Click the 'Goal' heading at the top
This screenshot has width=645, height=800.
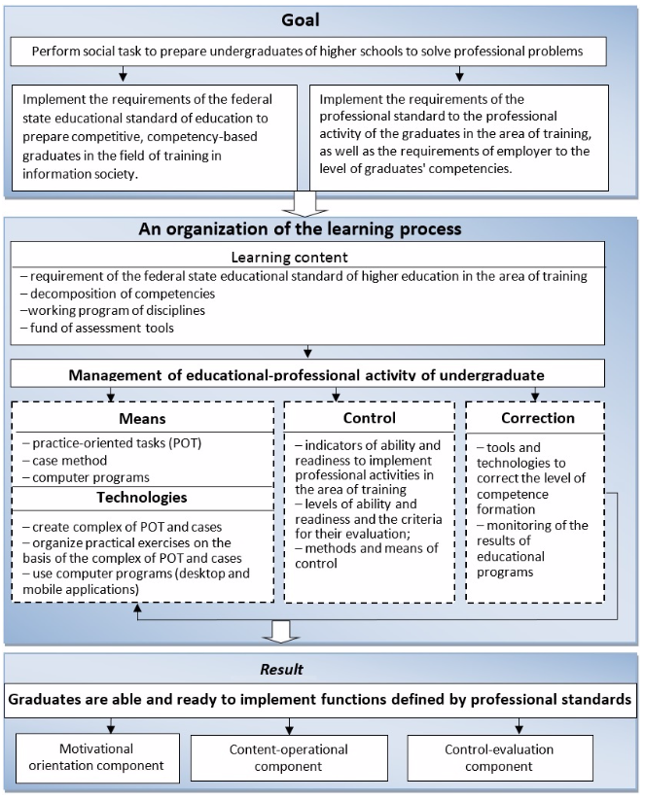[x=301, y=19]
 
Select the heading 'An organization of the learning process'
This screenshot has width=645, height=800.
[x=300, y=228]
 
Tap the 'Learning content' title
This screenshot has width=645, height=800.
[x=289, y=257]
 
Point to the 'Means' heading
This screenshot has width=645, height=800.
[x=142, y=418]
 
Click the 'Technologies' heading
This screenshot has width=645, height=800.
[x=142, y=497]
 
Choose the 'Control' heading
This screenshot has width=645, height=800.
[x=370, y=418]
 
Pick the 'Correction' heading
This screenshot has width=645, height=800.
[x=538, y=418]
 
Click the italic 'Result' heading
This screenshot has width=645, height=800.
[x=281, y=669]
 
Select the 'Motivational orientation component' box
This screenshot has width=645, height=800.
[x=97, y=757]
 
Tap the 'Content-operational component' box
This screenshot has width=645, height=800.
[x=289, y=757]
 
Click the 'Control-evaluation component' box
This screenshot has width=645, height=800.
[x=500, y=757]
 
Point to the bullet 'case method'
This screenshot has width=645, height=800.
[x=65, y=460]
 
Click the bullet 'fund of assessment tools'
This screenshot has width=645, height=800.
[x=97, y=328]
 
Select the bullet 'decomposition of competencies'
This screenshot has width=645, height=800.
[x=118, y=294]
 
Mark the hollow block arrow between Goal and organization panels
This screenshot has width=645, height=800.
[x=305, y=203]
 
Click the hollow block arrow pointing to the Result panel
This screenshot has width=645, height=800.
[x=281, y=632]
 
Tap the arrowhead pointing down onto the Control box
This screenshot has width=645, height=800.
[x=336, y=398]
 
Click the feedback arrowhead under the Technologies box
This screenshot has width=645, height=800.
[x=137, y=608]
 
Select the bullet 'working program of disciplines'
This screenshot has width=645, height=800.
[x=113, y=310]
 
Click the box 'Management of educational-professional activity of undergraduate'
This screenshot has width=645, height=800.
[x=307, y=373]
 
